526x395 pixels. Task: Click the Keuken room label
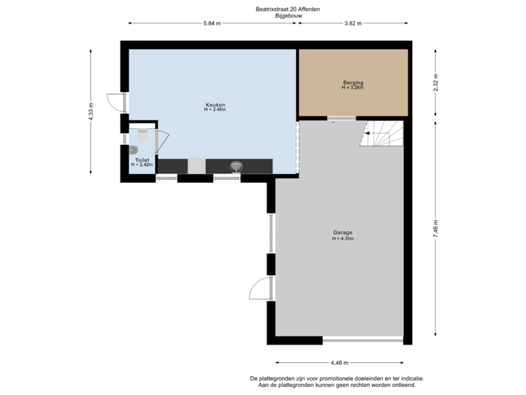pyautogui.click(x=210, y=105)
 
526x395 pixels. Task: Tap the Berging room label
pyautogui.click(x=353, y=83)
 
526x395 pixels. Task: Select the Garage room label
pyautogui.click(x=342, y=233)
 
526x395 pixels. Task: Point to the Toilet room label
pyautogui.click(x=141, y=160)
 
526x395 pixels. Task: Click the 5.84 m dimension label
pyautogui.click(x=213, y=23)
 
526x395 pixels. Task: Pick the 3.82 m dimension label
pyautogui.click(x=353, y=23)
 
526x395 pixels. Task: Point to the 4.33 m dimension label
pyautogui.click(x=91, y=111)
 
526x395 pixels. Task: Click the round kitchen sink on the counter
pyautogui.click(x=236, y=166)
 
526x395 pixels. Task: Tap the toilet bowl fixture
pyautogui.click(x=142, y=138)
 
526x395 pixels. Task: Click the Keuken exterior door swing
pyautogui.click(x=113, y=103)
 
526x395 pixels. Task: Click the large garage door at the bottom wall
pyautogui.click(x=362, y=339)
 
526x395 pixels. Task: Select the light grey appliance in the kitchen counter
pyautogui.click(x=197, y=166)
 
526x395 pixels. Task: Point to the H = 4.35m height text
pyautogui.click(x=342, y=238)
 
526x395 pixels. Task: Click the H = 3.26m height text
pyautogui.click(x=353, y=88)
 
